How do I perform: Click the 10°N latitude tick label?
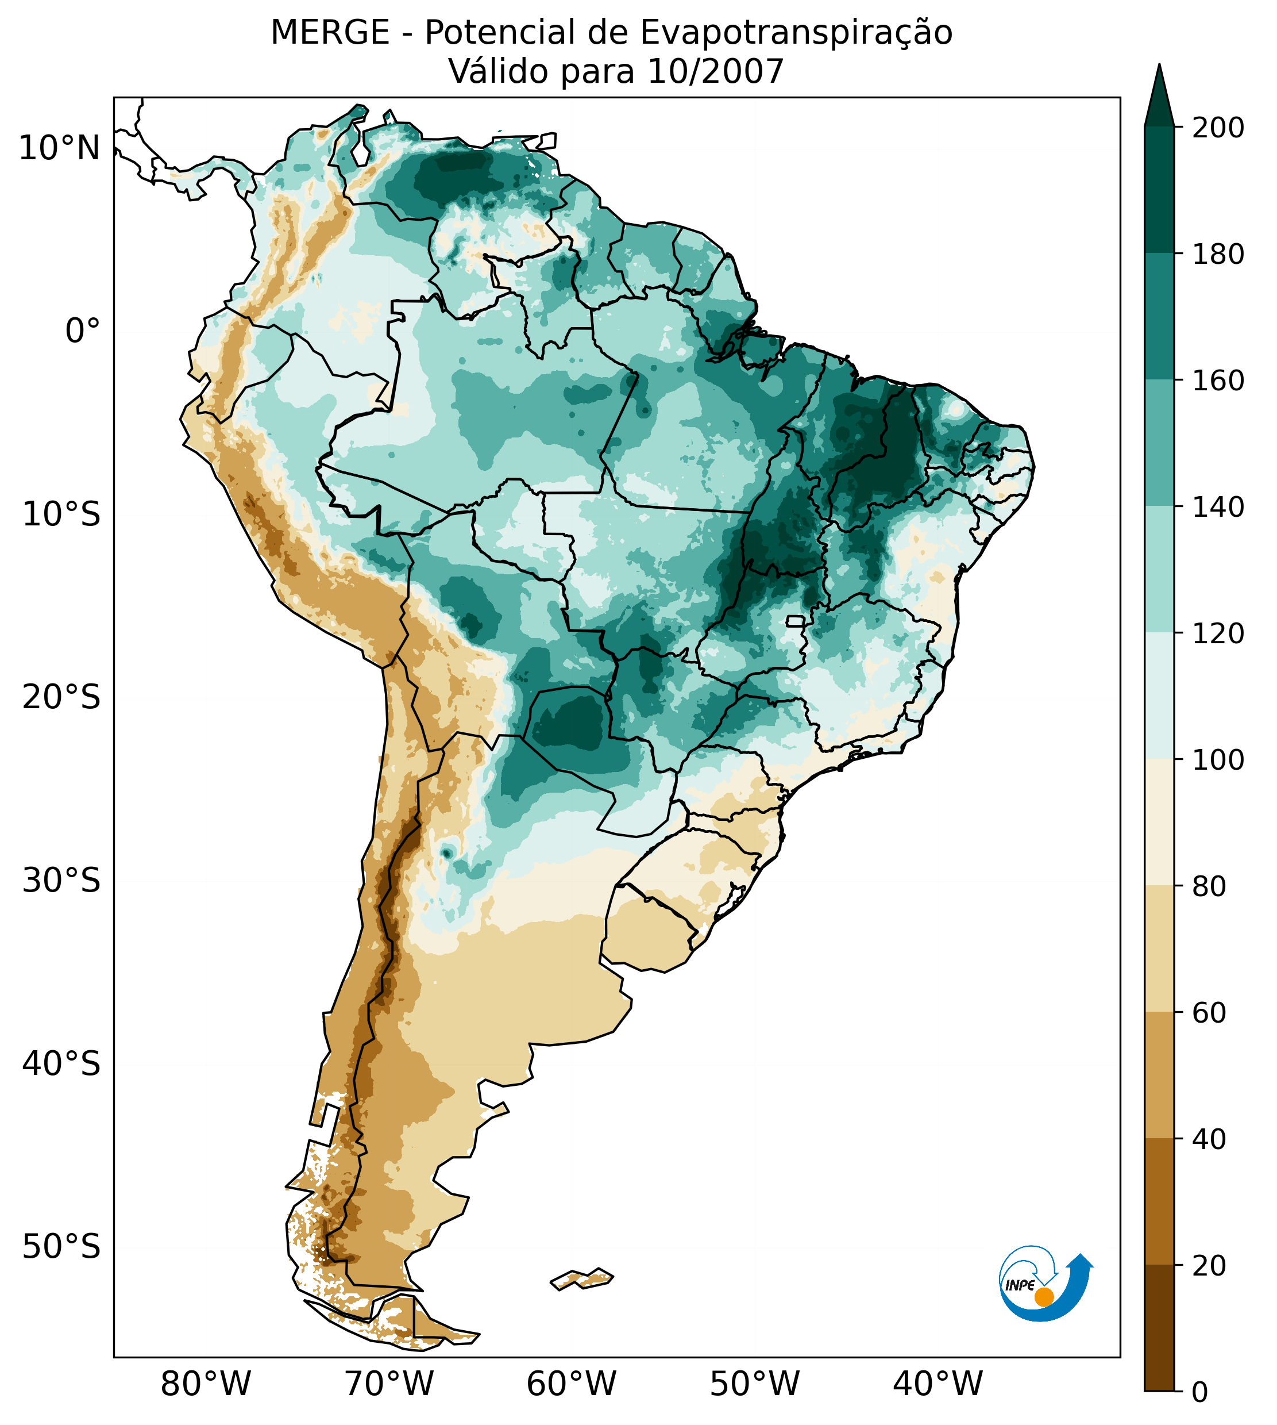click(x=59, y=149)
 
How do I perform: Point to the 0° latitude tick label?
click(x=83, y=331)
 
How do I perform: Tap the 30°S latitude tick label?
click(x=61, y=881)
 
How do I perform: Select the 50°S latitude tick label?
click(x=61, y=1247)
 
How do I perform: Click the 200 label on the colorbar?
click(x=1218, y=128)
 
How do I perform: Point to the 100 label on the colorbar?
click(x=1218, y=759)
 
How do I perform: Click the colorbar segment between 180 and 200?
click(x=1159, y=190)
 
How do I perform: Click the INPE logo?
click(x=1045, y=1283)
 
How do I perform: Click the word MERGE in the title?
click(x=330, y=33)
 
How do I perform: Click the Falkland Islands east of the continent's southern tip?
click(x=582, y=1279)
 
